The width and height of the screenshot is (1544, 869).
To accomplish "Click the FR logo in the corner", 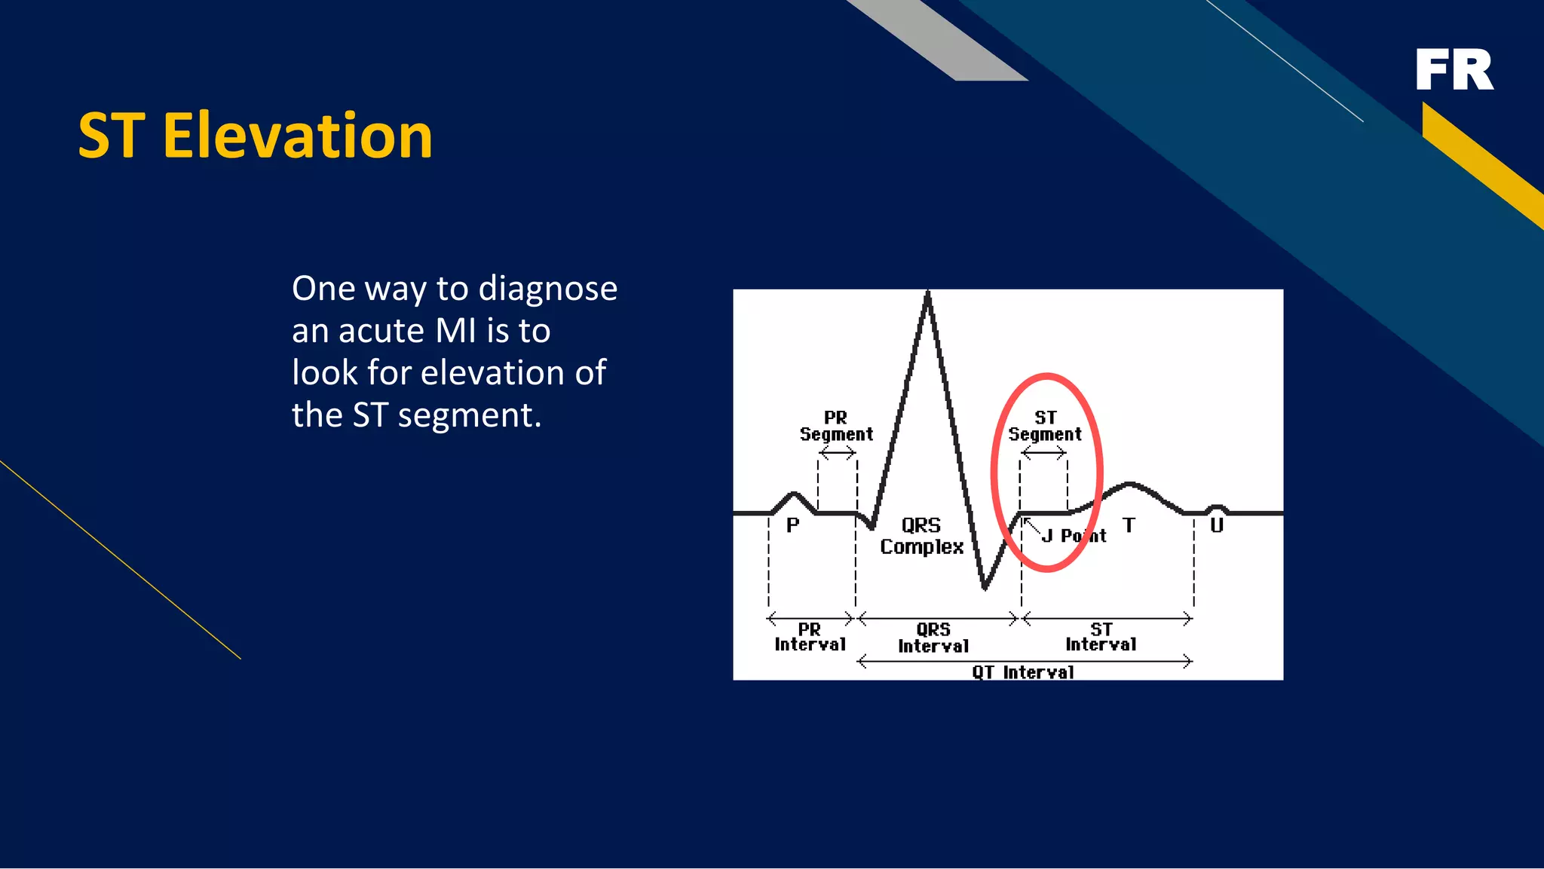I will pos(1454,70).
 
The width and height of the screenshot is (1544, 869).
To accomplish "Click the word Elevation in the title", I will pos(298,136).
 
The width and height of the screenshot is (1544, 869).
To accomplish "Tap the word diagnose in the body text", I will pos(547,289).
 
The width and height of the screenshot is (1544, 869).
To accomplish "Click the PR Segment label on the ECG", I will pos(836,426).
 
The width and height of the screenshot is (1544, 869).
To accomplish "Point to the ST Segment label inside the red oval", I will pos(1045,426).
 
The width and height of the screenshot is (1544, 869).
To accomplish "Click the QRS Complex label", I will pos(921,536).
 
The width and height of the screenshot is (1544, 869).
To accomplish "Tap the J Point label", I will pos(1074,536).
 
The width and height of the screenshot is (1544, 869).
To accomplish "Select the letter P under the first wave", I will pos(792,525).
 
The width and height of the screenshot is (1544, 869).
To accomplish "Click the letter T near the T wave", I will pos(1129,525).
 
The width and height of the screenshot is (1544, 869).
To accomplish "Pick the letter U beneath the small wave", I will pos(1217,525).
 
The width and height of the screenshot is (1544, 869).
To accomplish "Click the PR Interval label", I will pos(810,637).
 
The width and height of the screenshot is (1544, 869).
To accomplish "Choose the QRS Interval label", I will pos(933,638).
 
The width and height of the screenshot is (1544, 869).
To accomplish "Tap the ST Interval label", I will pos(1101,637).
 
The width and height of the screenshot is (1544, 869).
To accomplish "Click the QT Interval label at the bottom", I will pos(1023,672).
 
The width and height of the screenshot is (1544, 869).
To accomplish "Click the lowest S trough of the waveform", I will pos(985,586).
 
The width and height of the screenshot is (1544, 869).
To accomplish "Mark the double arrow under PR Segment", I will pos(837,453).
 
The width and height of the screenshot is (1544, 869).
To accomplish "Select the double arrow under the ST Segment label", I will pos(1043,453).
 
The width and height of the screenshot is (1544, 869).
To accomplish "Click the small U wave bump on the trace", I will pos(1216,508).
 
